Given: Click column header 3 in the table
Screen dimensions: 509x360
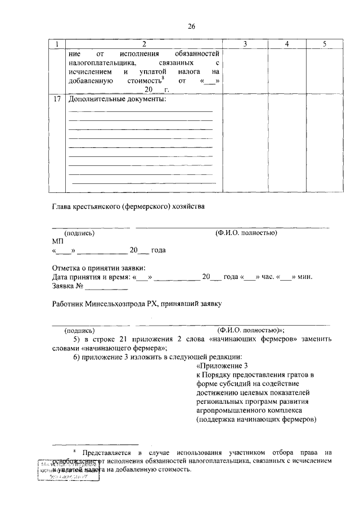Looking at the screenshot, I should click(x=245, y=44).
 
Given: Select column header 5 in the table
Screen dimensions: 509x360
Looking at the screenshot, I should click(x=324, y=44).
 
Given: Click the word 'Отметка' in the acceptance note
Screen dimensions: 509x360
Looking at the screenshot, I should click(x=66, y=268).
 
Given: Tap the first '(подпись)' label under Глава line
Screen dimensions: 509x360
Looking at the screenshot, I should click(x=79, y=232).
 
